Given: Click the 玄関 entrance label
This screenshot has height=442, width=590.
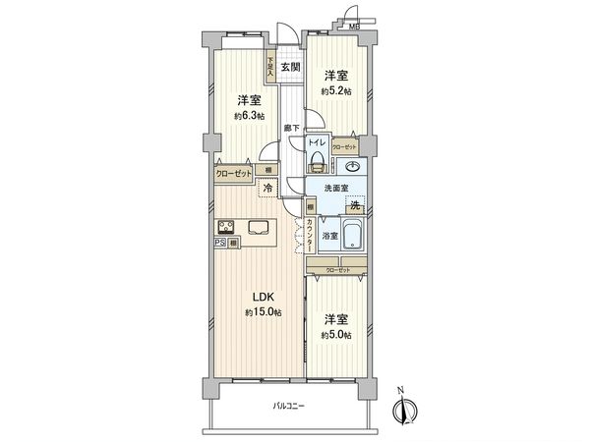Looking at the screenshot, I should [x=290, y=67].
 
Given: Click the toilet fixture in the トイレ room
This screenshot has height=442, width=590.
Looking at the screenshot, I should [x=317, y=159].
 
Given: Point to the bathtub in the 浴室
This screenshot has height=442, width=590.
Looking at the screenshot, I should [x=351, y=235].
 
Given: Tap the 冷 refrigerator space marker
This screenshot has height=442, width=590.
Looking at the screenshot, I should [x=267, y=187].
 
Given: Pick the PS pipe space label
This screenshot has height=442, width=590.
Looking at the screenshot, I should [x=219, y=243].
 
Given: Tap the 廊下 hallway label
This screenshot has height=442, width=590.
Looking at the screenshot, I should [x=290, y=129].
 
